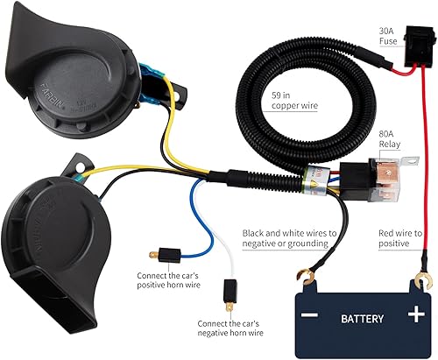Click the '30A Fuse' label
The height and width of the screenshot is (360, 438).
click(x=388, y=35)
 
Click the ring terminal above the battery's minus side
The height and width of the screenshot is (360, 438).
click(x=307, y=281)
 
